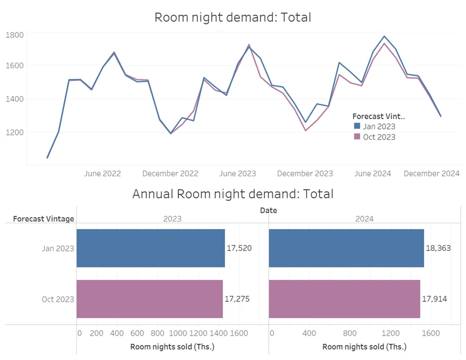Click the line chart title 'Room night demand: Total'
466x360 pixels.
pos(233,17)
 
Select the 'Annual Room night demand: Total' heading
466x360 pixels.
pos(233,194)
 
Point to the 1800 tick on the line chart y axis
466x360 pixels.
pos(15,35)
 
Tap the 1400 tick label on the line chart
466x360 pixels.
pos(15,99)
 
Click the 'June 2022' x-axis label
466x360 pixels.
pos(103,173)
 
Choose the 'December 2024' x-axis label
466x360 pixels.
pos(431,173)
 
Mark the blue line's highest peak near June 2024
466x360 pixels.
pos(384,36)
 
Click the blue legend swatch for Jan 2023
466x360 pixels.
pos(356,126)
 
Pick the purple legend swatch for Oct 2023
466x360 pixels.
pos(356,137)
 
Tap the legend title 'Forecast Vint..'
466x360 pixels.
pos(378,116)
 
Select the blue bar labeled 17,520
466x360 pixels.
pos(150,248)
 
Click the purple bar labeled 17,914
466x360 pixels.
pos(344,299)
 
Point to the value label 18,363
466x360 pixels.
pos(438,248)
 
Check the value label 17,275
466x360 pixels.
pos(237,299)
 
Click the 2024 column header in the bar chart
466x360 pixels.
pos(364,219)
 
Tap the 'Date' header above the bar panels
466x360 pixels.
pos(268,210)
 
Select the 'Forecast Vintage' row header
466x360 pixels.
pos(43,219)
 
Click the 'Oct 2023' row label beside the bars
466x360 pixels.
pos(58,299)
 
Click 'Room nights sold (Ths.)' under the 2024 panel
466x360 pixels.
pos(364,347)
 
